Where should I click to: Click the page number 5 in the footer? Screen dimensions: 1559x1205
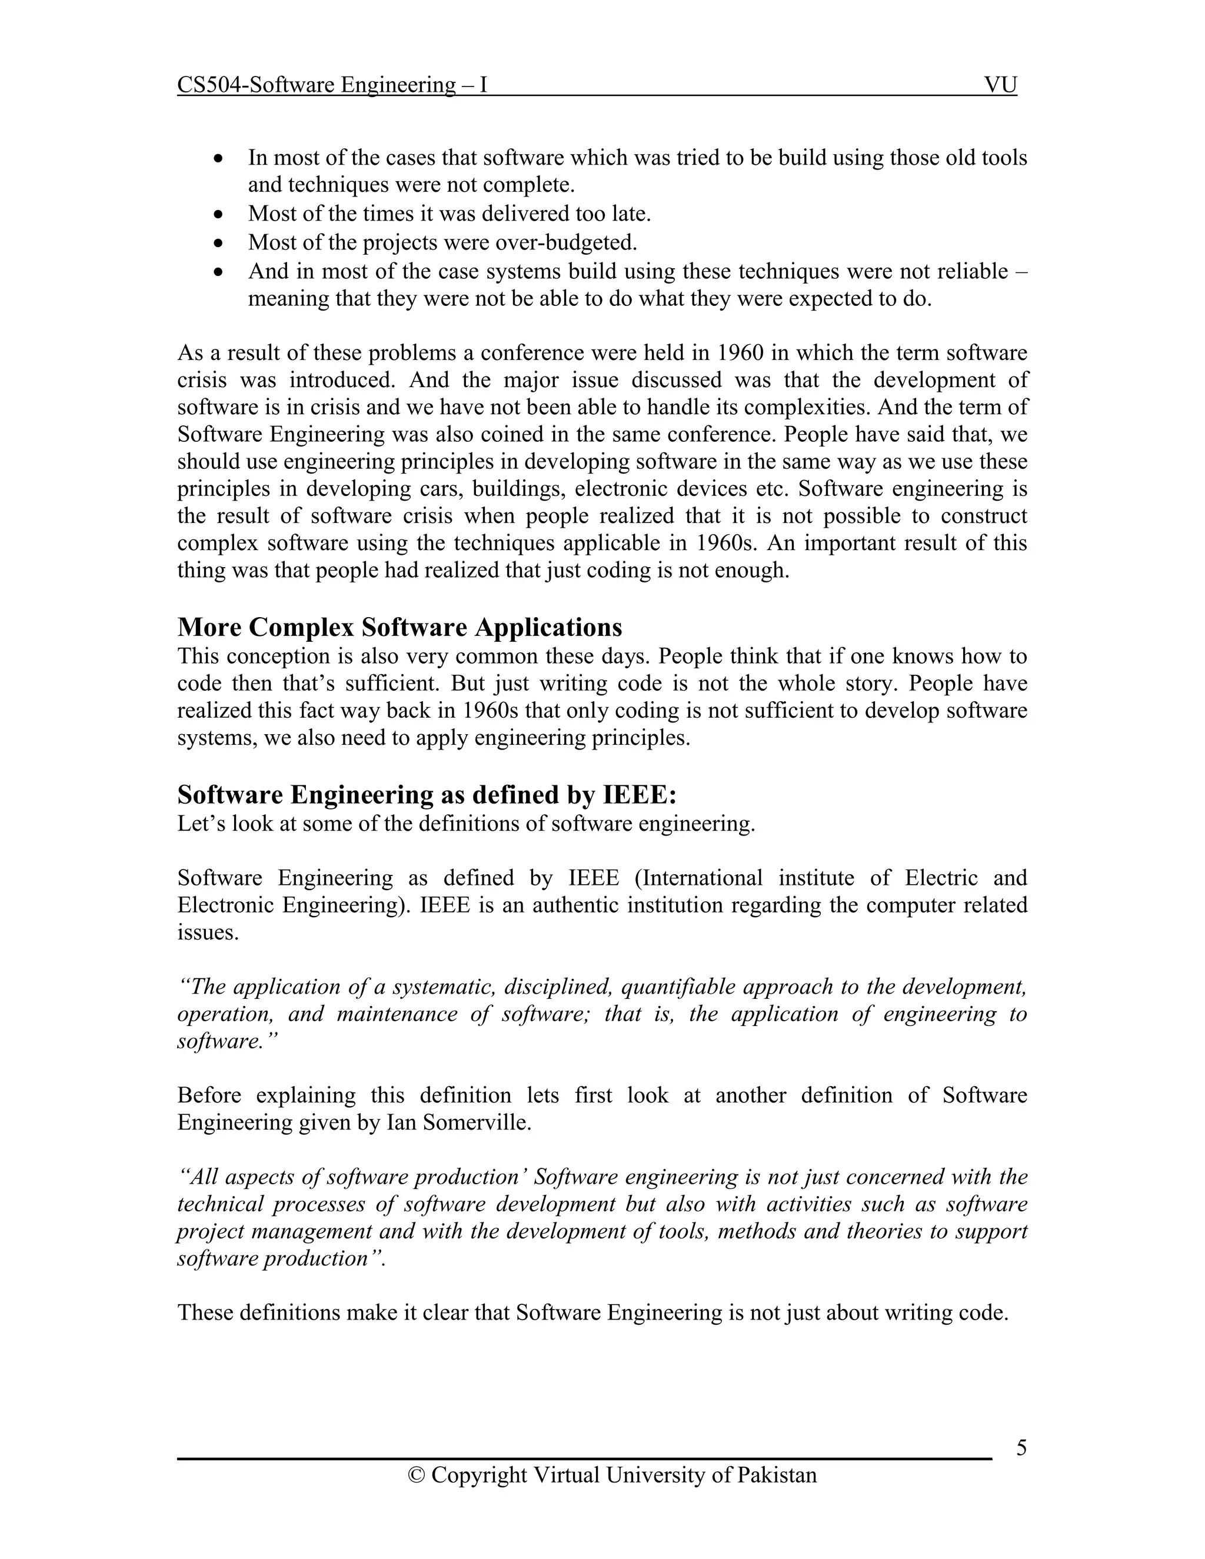point(1021,1448)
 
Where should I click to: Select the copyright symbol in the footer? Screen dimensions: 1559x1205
point(415,1475)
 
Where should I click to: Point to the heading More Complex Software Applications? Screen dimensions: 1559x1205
point(399,628)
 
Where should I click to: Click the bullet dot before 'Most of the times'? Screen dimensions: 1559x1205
point(219,214)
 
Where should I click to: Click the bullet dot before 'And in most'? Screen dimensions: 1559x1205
point(219,272)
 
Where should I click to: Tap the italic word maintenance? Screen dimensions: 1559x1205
point(396,1014)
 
